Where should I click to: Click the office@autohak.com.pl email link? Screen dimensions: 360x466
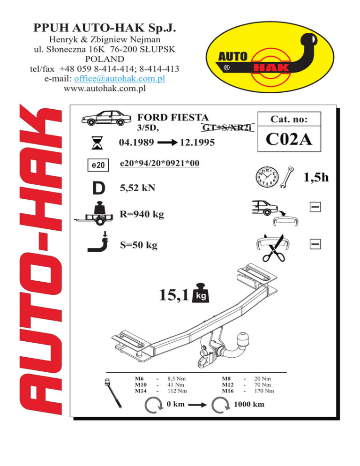tap(120, 79)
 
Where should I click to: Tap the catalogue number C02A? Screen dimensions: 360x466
tap(289, 139)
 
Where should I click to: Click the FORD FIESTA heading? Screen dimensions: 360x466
tap(173, 117)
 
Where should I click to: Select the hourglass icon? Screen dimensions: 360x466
tap(97, 143)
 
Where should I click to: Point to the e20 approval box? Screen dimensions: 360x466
tap(98, 165)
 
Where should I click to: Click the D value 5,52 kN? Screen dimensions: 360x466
tap(137, 188)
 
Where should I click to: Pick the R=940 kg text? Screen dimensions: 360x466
tap(142, 214)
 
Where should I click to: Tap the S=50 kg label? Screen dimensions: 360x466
tap(139, 245)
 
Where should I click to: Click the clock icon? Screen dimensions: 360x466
tap(267, 177)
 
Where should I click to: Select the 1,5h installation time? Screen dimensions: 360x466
tap(316, 177)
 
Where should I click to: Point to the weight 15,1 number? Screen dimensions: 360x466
tap(174, 295)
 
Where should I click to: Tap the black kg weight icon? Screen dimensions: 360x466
tap(201, 293)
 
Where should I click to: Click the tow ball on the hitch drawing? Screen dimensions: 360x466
tap(243, 339)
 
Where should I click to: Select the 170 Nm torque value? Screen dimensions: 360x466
tap(264, 391)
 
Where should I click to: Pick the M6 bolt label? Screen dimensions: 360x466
tap(139, 379)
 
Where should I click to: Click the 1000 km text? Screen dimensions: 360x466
tap(249, 404)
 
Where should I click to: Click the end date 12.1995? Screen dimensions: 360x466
tap(197, 143)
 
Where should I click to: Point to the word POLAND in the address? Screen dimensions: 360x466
tap(105, 59)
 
